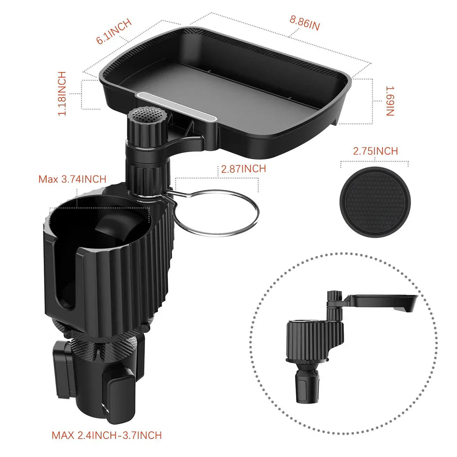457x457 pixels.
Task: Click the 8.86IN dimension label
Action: point(305,23)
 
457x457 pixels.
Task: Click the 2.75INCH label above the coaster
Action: point(375,151)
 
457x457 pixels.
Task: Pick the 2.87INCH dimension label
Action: point(243,169)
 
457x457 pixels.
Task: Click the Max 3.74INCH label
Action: point(72,179)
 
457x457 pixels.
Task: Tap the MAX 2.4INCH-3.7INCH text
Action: point(106,435)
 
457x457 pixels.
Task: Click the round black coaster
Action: point(374,202)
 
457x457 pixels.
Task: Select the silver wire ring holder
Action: point(216,212)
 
